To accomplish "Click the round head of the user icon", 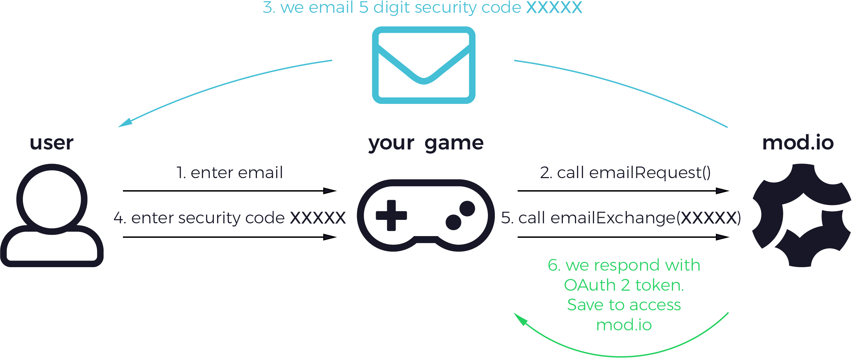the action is pyautogui.click(x=52, y=199).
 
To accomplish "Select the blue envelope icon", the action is pyautogui.click(x=424, y=65).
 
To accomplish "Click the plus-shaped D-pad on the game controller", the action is pyautogui.click(x=391, y=215).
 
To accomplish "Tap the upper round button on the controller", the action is pyautogui.click(x=467, y=208).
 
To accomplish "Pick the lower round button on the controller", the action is pyautogui.click(x=453, y=222).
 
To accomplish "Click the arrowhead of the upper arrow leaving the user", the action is pyautogui.click(x=329, y=191).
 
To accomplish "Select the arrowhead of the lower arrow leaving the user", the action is pyautogui.click(x=329, y=237).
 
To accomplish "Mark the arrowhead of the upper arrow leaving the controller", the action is pyautogui.click(x=722, y=191).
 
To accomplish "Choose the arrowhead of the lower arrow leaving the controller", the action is pyautogui.click(x=722, y=237).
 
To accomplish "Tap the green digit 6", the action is pyautogui.click(x=551, y=265).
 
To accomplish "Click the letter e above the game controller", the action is pyautogui.click(x=478, y=145).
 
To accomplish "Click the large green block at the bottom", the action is pyautogui.click(x=622, y=335).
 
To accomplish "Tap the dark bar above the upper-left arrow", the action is pyautogui.click(x=229, y=172).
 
